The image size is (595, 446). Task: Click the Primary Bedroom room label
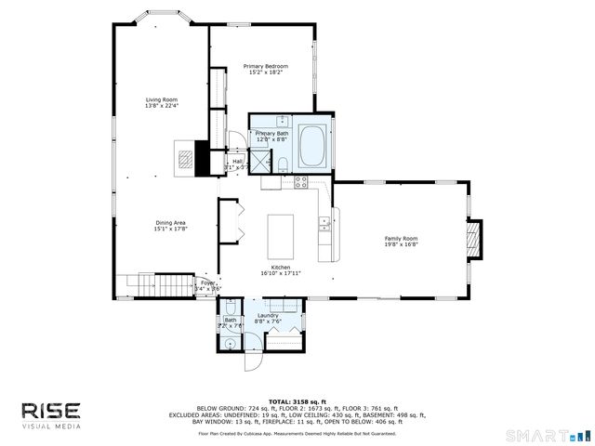pos(265,69)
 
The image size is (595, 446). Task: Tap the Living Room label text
pos(161,102)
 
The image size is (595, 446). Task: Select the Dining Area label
pos(170,225)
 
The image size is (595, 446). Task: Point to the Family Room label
pos(402,242)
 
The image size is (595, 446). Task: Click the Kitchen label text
pos(280,270)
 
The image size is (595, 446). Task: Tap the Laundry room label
pos(281,318)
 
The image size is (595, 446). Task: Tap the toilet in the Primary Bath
pos(282,165)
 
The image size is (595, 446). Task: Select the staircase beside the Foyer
pos(155,282)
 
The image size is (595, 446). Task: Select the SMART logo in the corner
pos(549,434)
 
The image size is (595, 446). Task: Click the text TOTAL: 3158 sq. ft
pos(297,401)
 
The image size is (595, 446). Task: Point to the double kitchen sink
pos(324,223)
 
